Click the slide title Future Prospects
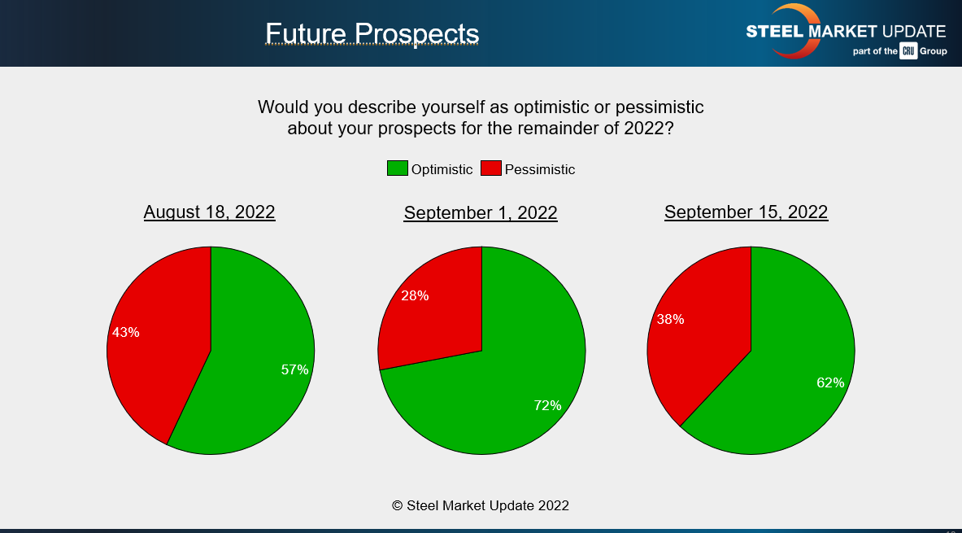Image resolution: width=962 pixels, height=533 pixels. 372,33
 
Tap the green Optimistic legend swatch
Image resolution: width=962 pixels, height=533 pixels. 398,168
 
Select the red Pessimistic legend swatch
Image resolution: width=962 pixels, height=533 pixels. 491,168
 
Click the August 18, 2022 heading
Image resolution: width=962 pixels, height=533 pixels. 209,212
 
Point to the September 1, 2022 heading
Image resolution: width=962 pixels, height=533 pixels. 481,212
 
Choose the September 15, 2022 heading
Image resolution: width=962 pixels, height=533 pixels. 746,212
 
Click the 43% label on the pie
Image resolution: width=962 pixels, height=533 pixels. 126,332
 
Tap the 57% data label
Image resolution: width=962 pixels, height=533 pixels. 294,369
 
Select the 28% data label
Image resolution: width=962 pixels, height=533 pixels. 415,296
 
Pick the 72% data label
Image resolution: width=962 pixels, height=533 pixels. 547,405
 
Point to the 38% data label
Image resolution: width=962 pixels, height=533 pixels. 670,319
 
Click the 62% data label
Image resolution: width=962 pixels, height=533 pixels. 830,382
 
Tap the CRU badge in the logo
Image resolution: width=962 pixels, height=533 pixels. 908,51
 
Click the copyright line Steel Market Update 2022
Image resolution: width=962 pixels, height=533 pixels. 481,505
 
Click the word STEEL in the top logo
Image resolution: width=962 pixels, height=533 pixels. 775,31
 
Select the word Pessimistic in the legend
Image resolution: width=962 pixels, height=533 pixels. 540,169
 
